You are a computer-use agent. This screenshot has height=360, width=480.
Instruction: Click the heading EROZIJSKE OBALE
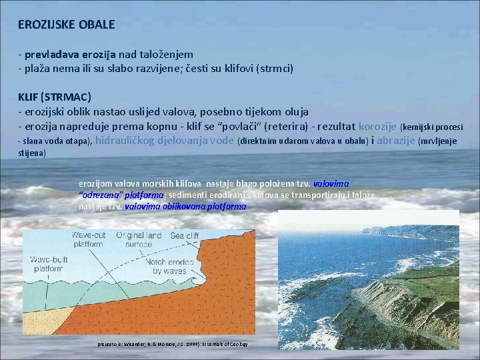click(x=67, y=25)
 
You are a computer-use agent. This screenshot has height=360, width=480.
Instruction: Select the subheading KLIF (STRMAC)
click(x=55, y=97)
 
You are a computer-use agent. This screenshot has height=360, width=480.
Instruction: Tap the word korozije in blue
click(x=378, y=126)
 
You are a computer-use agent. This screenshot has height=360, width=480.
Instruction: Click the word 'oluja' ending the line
click(x=294, y=111)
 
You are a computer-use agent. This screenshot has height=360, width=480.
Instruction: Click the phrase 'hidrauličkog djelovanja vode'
click(x=165, y=140)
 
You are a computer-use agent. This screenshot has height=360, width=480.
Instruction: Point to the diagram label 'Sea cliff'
click(x=185, y=235)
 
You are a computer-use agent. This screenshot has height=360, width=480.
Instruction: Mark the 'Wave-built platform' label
click(x=44, y=267)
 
